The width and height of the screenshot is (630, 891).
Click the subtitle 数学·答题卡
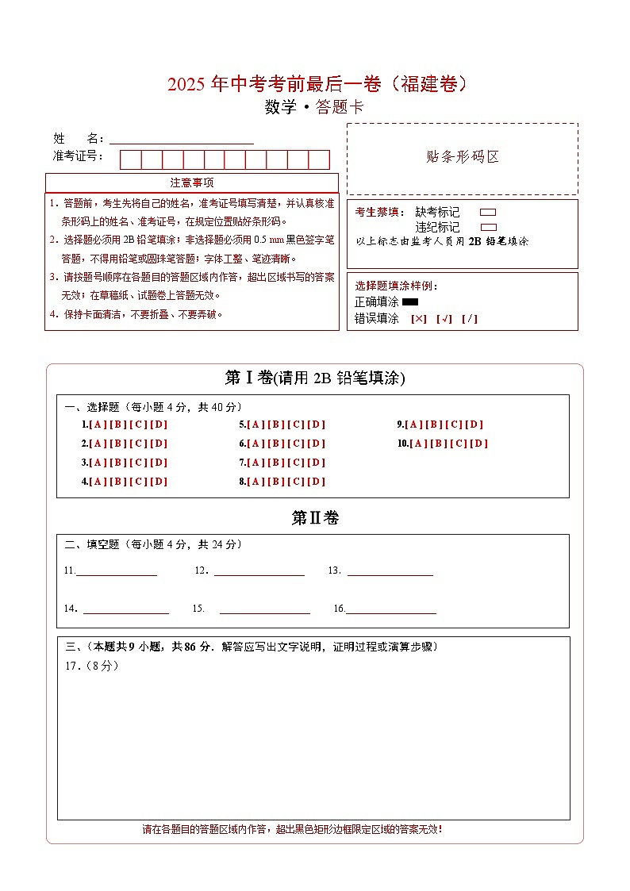(x=314, y=108)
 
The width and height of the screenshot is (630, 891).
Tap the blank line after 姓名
(x=182, y=139)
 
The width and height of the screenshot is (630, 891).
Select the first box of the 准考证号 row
(x=130, y=159)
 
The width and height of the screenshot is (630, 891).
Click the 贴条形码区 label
(x=463, y=157)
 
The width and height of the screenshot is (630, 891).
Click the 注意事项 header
(x=191, y=183)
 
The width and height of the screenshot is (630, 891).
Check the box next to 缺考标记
(x=488, y=213)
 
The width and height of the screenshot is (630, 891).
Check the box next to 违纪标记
(x=488, y=227)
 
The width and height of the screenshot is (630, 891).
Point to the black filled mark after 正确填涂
(x=410, y=302)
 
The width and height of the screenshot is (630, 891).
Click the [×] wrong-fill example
(x=419, y=319)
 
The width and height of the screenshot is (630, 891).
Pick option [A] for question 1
(x=98, y=424)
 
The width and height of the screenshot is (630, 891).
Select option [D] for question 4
(x=159, y=482)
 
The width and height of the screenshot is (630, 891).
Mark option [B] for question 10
(x=438, y=444)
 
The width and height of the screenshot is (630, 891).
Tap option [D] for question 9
(x=474, y=424)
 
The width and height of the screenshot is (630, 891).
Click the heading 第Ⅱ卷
(x=315, y=518)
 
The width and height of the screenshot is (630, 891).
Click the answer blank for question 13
(x=390, y=570)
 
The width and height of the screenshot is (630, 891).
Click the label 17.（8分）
(x=91, y=666)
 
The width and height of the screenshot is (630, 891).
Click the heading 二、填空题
(x=92, y=544)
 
